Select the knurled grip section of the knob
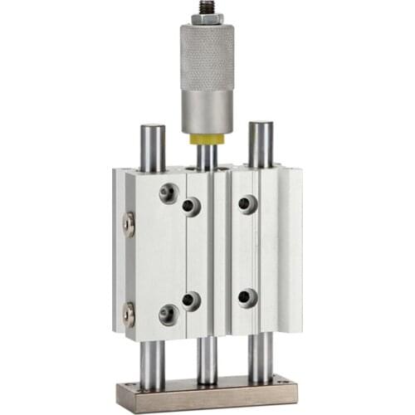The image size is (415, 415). click(207, 57)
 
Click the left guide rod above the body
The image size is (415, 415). click(153, 146)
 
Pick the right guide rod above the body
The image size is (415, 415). click(261, 144)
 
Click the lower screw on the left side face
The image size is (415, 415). click(129, 314)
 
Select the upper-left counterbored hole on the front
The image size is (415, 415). click(168, 194)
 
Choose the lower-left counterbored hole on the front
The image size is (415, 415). click(168, 315)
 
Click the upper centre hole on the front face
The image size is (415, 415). click(192, 207)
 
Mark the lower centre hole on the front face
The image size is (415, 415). click(192, 300)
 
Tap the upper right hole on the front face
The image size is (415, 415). click(247, 204)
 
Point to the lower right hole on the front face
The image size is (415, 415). click(247, 297)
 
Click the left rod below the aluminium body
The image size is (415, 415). click(153, 364)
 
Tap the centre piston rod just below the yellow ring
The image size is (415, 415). click(207, 157)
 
